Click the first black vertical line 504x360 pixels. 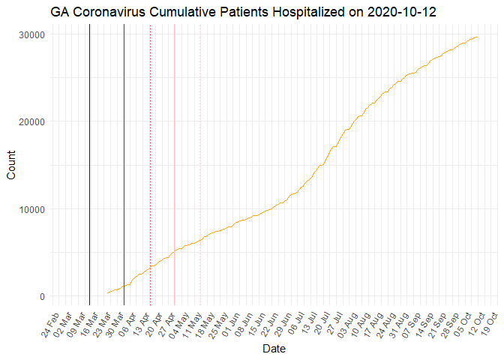click(89, 165)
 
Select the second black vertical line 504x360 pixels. click(124, 165)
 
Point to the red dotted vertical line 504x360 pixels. click(150, 165)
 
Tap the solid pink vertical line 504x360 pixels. click(175, 165)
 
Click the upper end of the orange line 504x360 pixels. click(478, 37)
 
